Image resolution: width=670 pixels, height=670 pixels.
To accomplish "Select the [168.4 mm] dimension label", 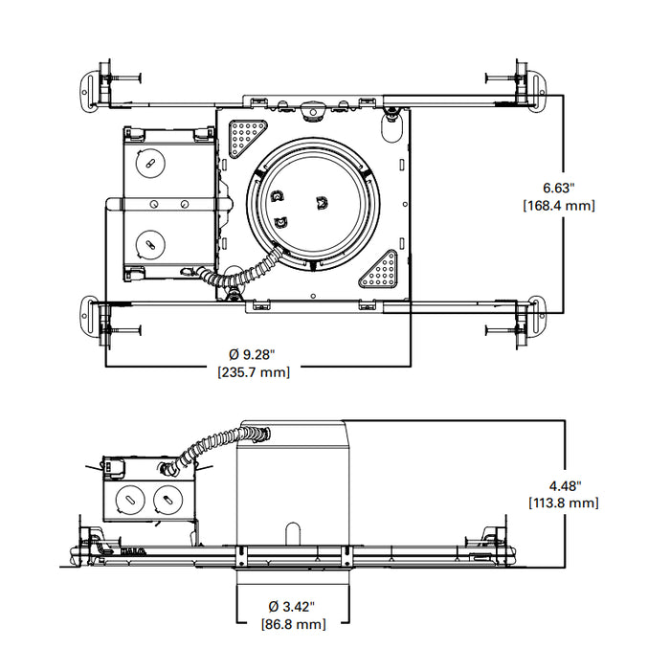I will [x=559, y=205].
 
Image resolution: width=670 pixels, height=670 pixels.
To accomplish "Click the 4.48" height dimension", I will [x=564, y=484].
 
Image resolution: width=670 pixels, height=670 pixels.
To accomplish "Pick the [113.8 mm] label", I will [x=564, y=502].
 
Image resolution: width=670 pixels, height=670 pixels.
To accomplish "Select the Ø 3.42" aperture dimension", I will [x=292, y=606].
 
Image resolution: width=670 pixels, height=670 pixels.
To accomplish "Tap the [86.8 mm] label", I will [x=292, y=624].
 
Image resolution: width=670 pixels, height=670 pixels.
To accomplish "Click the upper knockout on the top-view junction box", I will [x=148, y=163].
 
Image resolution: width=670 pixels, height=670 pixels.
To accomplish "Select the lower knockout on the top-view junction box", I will [x=148, y=244].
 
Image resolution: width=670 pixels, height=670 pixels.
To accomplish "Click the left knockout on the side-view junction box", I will [x=127, y=498].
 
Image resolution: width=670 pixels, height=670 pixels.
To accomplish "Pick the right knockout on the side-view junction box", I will [x=167, y=498].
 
